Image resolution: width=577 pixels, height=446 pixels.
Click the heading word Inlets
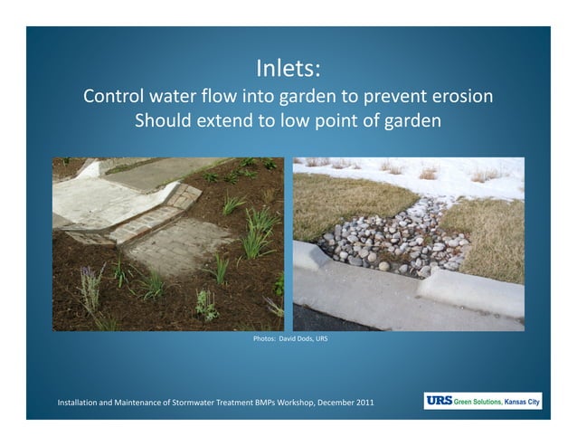click(x=288, y=69)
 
